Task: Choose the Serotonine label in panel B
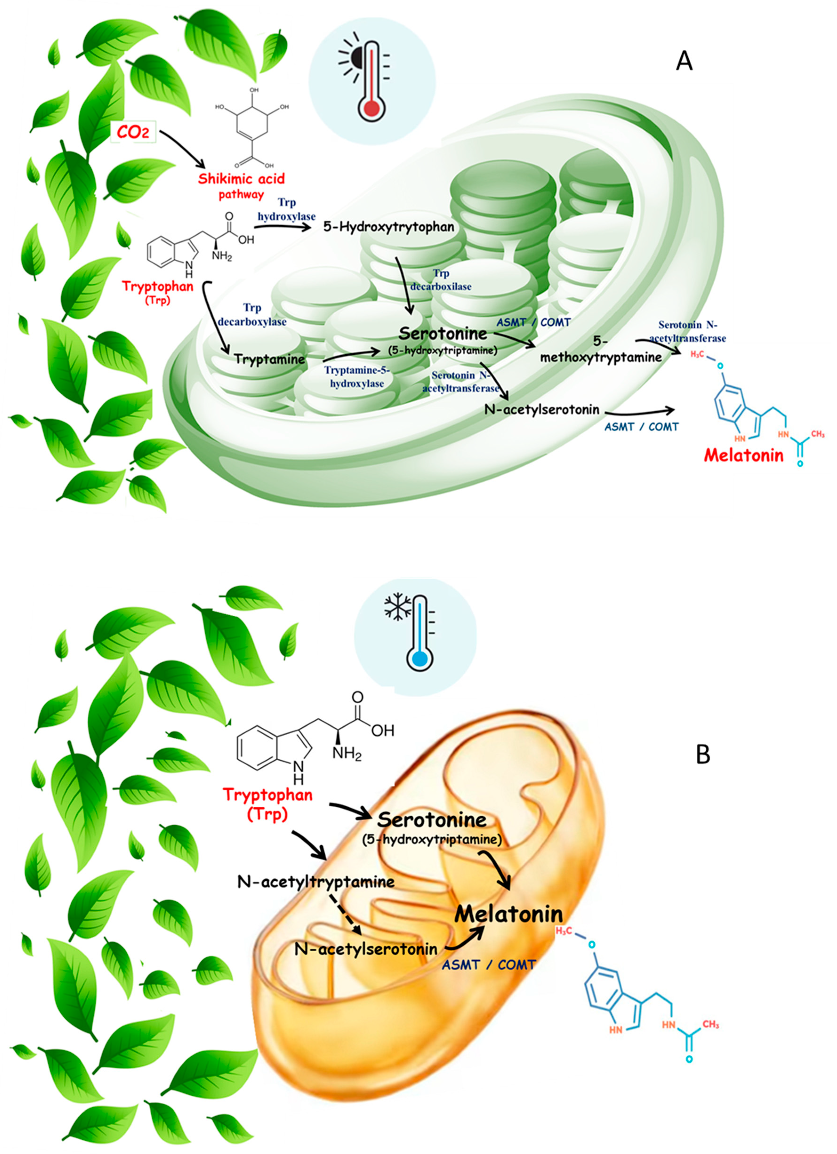coord(432,820)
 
